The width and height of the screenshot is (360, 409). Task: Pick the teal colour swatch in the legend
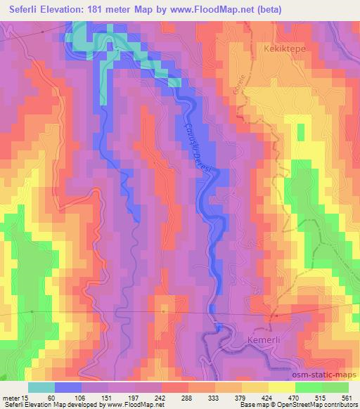(41, 387)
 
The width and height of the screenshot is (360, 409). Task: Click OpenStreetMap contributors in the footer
(317, 405)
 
